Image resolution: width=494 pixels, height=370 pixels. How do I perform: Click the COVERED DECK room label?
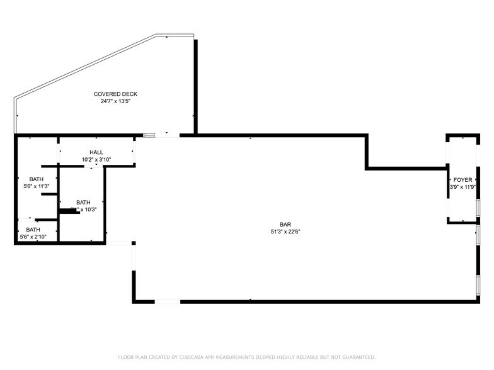click(x=115, y=94)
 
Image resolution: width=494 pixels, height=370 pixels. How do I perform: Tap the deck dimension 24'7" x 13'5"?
click(x=115, y=101)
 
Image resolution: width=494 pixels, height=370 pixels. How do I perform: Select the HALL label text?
click(x=96, y=152)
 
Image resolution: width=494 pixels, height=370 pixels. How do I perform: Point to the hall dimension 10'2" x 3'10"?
click(x=96, y=159)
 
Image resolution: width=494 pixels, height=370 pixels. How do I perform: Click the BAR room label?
click(x=285, y=224)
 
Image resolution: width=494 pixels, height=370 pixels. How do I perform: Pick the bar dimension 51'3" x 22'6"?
click(x=285, y=231)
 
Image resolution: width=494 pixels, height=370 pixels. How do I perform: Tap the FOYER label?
click(x=462, y=180)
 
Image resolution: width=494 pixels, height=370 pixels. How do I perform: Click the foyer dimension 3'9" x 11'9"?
click(x=462, y=187)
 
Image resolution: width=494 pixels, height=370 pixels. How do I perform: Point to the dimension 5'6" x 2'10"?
click(x=33, y=237)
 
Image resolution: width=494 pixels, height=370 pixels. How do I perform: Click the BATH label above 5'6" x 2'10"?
click(x=33, y=230)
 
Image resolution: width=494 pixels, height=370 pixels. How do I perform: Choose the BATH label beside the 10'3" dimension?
click(x=83, y=202)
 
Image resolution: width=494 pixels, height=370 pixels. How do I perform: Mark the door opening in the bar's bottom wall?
click(x=168, y=302)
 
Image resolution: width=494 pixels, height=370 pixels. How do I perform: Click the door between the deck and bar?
click(x=167, y=134)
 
